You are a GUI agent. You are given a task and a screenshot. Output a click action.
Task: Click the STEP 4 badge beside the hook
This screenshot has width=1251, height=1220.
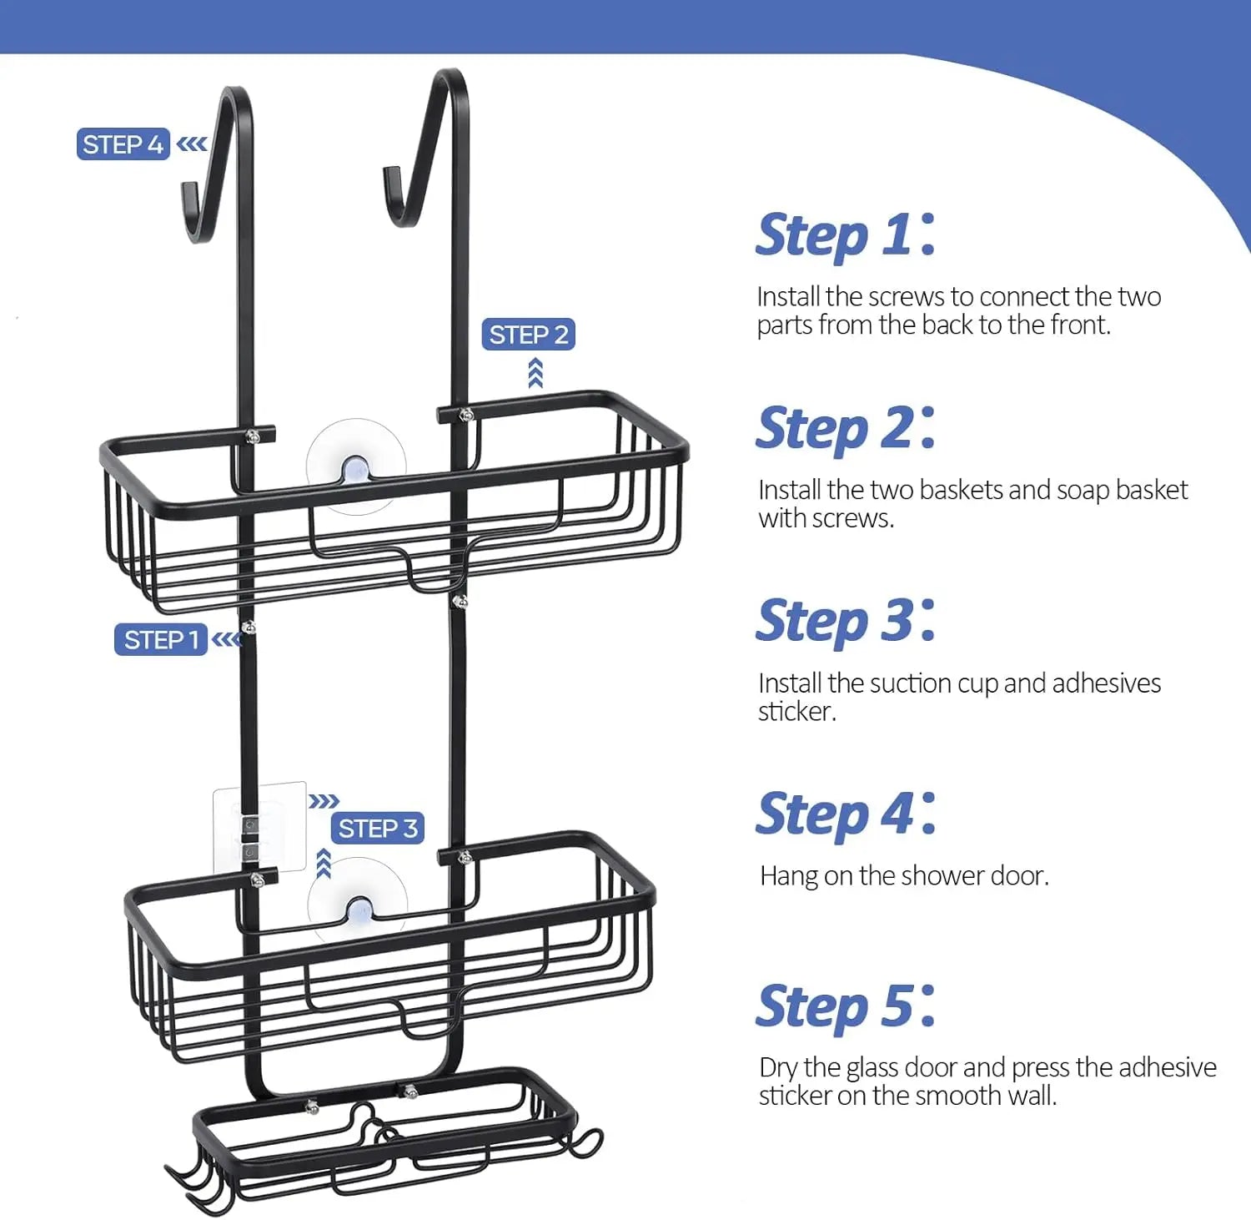pos(123,144)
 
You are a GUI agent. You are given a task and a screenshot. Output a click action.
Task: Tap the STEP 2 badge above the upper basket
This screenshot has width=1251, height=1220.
pos(529,335)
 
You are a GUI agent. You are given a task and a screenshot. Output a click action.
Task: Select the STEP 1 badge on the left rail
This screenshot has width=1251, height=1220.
pos(161,640)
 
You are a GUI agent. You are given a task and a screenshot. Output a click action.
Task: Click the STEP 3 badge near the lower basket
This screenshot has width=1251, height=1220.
pos(378,829)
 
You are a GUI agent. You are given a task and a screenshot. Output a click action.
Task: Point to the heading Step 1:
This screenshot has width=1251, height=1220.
pos(846,235)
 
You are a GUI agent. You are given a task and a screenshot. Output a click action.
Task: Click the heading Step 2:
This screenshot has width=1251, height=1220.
pos(846,429)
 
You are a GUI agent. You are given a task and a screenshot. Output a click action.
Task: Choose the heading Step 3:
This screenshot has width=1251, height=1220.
pos(846,622)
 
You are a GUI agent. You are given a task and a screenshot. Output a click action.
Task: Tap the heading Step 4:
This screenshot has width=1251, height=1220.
pos(846,814)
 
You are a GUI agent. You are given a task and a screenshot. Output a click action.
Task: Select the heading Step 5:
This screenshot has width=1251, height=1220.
pos(846,1007)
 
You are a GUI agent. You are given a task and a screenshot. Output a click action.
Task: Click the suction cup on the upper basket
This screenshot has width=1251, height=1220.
pos(356,466)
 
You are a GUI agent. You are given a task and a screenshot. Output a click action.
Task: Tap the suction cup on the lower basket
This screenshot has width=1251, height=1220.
pos(358,905)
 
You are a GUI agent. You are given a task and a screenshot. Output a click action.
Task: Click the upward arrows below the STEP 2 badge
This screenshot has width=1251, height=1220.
pos(535,373)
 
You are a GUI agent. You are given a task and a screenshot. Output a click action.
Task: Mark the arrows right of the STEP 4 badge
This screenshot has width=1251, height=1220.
pos(192,144)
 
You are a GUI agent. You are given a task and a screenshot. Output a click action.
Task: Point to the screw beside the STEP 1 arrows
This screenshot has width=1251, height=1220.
pos(248,627)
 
